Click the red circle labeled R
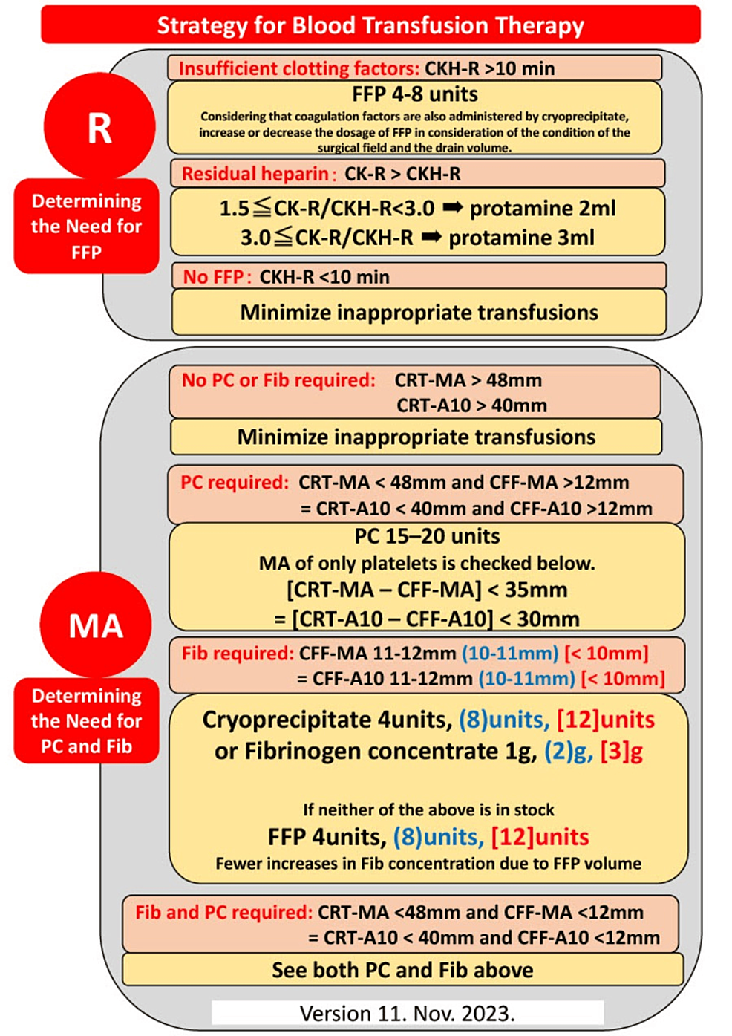(99, 127)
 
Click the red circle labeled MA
(96, 625)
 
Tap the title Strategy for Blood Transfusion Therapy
(370, 25)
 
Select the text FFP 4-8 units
(415, 94)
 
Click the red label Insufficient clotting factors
(299, 68)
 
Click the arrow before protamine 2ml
(453, 208)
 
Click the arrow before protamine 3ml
(431, 237)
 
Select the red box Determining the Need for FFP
(86, 227)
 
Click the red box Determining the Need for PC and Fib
(86, 721)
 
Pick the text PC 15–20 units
(427, 536)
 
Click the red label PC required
(235, 483)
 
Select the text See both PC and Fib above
(403, 970)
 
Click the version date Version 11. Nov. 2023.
(408, 1014)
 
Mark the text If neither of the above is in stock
(428, 809)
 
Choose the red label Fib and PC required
(224, 913)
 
